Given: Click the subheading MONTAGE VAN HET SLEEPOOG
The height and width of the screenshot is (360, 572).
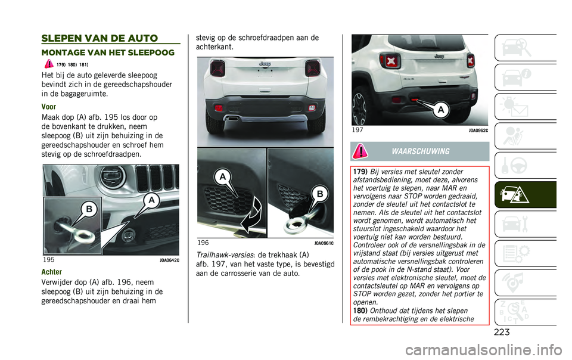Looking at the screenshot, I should click(x=107, y=53).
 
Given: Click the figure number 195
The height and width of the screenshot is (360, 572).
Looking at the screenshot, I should click(x=49, y=260).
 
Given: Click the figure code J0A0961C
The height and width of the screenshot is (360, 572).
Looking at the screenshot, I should click(x=323, y=243).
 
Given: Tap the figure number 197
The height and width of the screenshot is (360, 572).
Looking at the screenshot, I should click(x=358, y=130).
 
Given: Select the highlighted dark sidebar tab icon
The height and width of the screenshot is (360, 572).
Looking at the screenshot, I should click(x=525, y=194).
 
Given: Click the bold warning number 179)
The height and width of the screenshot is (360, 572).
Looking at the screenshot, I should click(x=359, y=173).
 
